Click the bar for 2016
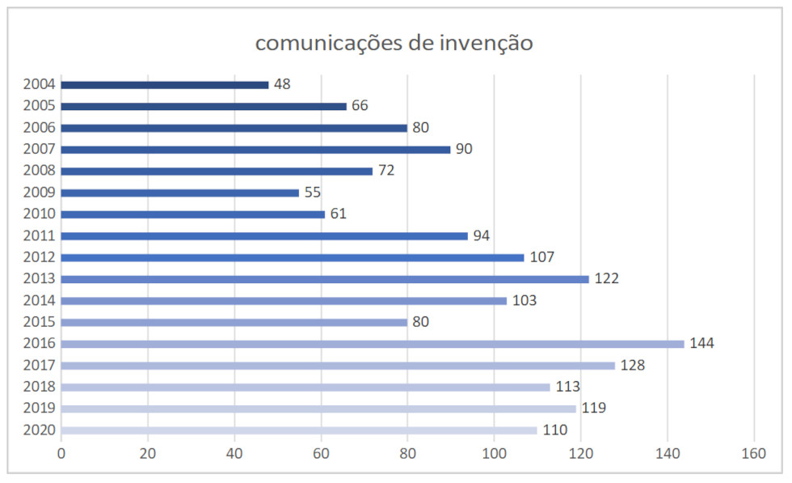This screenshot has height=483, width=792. click(373, 344)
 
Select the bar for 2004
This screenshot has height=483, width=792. click(165, 84)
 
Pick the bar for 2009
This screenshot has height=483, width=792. click(180, 193)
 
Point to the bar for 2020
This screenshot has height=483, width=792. click(299, 430)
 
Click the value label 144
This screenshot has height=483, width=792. click(701, 344)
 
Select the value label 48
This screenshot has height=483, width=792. click(282, 84)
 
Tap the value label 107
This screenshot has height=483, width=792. click(543, 257)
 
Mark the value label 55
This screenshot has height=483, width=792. click(312, 193)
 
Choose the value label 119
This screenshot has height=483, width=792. click(593, 409)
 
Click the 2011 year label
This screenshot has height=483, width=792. click(40, 235)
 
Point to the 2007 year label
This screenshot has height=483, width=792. click(40, 149)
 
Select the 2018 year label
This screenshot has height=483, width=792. click(40, 387)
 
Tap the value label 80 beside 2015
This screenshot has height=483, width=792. click(420, 322)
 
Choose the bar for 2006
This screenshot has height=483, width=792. click(234, 128)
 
